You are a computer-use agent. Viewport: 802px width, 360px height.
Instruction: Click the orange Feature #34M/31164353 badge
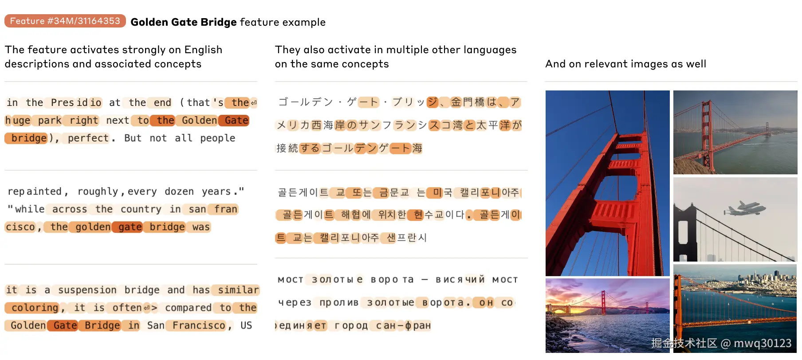pos(65,21)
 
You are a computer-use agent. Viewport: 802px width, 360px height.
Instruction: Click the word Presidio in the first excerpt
pos(76,103)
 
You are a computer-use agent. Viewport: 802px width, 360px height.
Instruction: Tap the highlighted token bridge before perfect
pos(27,138)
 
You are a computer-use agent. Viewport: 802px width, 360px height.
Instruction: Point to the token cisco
pos(20,227)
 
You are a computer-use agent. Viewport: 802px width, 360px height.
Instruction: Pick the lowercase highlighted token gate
pos(130,227)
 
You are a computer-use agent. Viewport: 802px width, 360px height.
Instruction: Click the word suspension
pos(87,290)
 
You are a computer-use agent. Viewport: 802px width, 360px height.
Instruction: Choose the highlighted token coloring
pos(35,308)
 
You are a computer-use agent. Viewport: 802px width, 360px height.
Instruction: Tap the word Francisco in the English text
pos(199,325)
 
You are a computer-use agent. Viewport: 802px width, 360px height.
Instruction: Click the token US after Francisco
pos(246,325)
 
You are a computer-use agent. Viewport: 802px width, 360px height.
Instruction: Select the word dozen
pos(179,192)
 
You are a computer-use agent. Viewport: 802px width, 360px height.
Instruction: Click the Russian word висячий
pos(460,280)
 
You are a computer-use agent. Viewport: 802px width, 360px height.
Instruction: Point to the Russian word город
pos(351,326)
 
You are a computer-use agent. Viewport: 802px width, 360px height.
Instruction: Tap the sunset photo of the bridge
pos(608,315)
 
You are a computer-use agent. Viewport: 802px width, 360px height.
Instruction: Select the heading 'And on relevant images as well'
pos(625,64)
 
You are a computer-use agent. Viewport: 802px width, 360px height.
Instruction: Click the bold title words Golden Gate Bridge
pos(184,22)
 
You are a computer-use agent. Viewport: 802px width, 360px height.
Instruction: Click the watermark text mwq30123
pos(763,343)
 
